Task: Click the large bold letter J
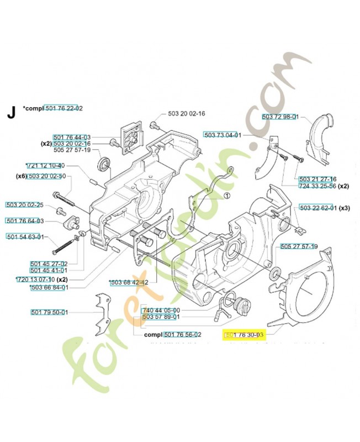click(x=10, y=113)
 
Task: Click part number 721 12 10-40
click(x=46, y=166)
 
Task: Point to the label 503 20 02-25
click(x=25, y=206)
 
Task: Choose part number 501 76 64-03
click(x=25, y=222)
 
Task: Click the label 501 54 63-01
click(x=25, y=238)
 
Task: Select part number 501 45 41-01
click(x=49, y=270)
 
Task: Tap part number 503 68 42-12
click(x=129, y=282)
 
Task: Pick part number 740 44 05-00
click(x=161, y=310)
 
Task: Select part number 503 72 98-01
click(x=280, y=117)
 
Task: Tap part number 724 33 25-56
click(x=317, y=186)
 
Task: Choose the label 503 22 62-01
click(x=317, y=208)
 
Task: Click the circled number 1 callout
click(x=227, y=195)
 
